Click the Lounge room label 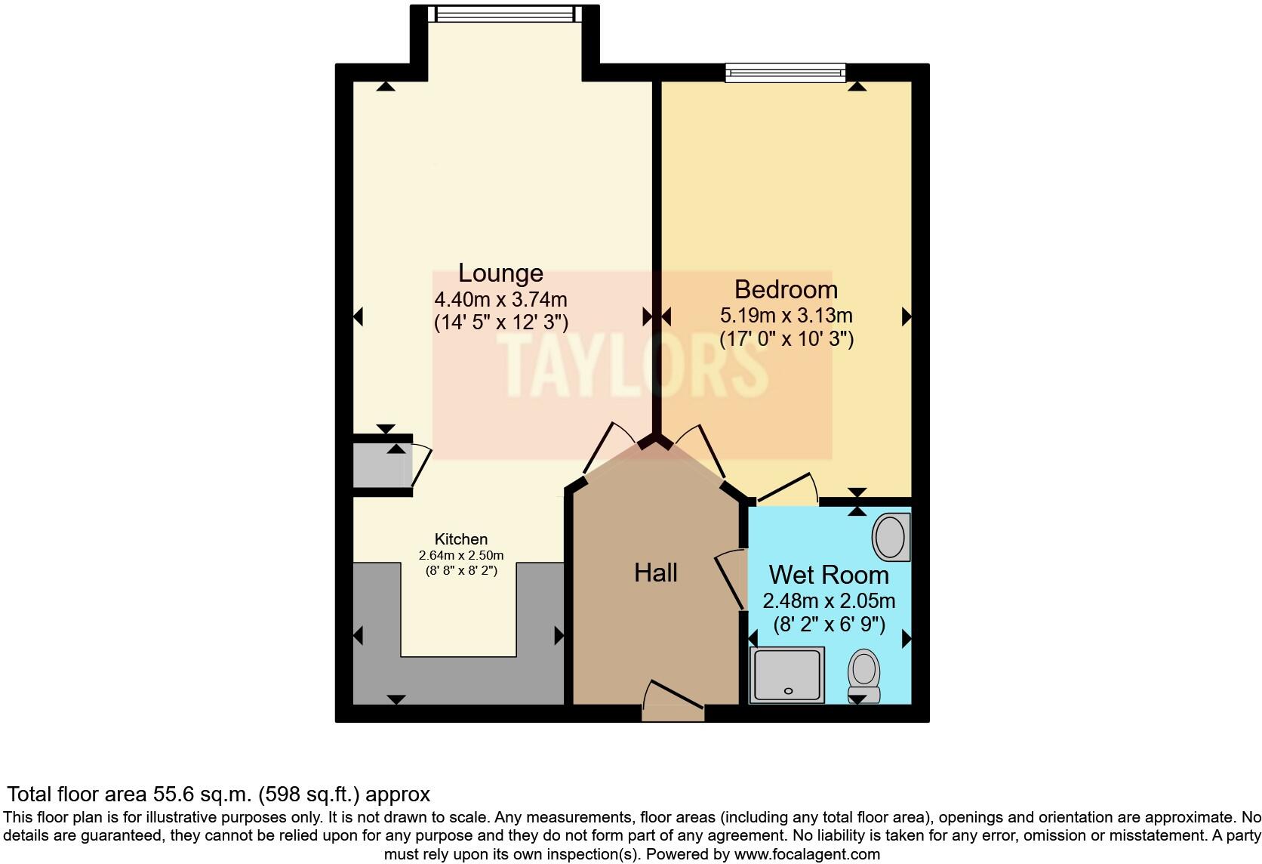click(x=500, y=273)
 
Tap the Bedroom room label click(x=786, y=289)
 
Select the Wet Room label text click(x=828, y=575)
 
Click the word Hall click(x=655, y=572)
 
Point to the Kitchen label click(x=460, y=539)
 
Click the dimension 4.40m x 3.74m click(x=500, y=299)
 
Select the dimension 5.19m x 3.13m click(x=786, y=315)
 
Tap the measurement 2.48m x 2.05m click(x=829, y=601)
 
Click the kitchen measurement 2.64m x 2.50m click(x=460, y=555)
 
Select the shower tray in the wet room click(x=787, y=674)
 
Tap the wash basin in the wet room click(x=890, y=537)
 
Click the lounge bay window click(x=504, y=14)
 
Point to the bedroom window click(x=785, y=73)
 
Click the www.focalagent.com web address click(x=806, y=855)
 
